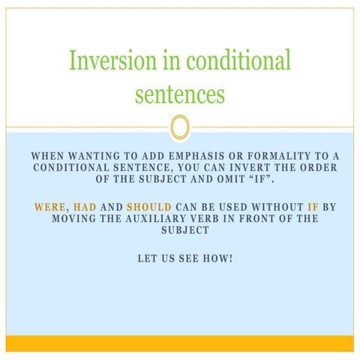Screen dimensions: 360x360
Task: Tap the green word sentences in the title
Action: coord(179,94)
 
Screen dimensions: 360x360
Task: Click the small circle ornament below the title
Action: coord(179,127)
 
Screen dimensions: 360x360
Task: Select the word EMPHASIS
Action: coord(193,156)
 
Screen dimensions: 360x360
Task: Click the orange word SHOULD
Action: coord(148,206)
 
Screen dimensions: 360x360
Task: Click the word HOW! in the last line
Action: coord(219,258)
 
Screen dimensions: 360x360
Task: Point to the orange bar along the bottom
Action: coord(179,343)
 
